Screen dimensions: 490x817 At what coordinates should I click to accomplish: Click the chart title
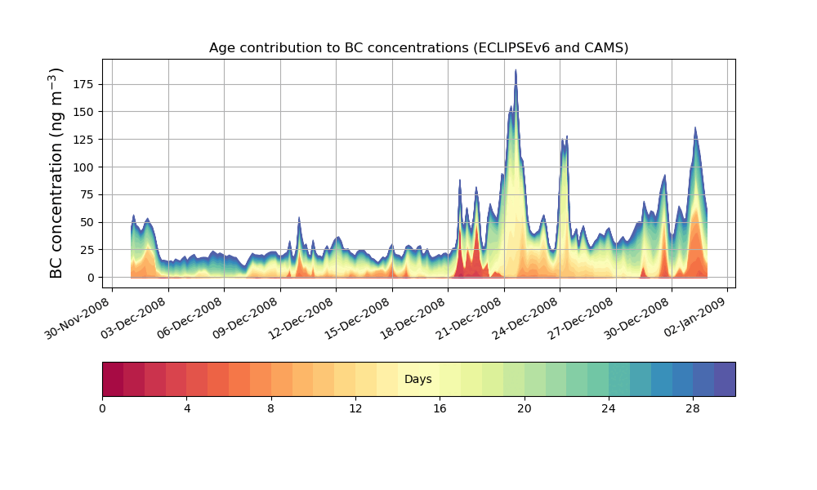(418, 47)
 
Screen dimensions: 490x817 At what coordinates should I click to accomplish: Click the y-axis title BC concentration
(56, 173)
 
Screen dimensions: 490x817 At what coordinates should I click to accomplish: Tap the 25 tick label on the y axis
(87, 250)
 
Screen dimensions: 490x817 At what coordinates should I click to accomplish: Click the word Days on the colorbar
(418, 379)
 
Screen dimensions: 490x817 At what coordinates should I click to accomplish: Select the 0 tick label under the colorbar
(102, 408)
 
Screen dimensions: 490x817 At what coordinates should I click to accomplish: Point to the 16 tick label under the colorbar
(440, 408)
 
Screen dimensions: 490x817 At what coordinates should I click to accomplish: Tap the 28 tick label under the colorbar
(693, 408)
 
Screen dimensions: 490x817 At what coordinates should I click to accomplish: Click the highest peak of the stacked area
(516, 71)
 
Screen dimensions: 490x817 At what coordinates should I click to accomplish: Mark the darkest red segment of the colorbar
(113, 379)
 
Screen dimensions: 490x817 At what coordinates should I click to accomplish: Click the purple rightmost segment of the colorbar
(725, 379)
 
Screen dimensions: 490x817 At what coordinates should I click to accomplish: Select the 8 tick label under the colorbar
(271, 408)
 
